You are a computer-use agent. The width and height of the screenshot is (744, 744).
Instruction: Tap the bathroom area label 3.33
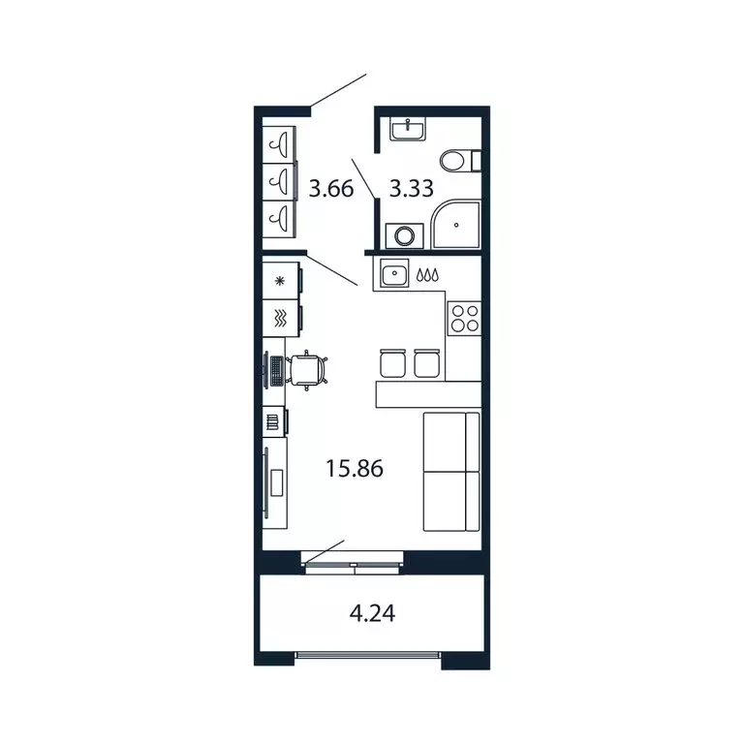[411, 188]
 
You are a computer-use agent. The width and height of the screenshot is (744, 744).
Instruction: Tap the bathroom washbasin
[409, 129]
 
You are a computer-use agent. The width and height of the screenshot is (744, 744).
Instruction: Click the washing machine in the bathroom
[402, 235]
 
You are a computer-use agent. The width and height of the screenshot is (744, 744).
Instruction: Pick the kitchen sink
[395, 275]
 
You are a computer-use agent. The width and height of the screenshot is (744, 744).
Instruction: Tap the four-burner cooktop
[463, 318]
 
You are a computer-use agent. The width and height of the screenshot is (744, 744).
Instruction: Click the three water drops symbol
[427, 275]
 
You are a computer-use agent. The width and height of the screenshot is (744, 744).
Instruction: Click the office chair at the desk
[309, 369]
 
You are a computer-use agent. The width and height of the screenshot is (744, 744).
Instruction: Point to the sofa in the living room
[451, 471]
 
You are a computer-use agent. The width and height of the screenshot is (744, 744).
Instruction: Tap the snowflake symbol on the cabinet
[281, 282]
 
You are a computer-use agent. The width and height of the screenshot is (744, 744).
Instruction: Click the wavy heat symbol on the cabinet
[281, 317]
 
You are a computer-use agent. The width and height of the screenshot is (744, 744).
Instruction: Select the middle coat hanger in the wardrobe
[279, 179]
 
